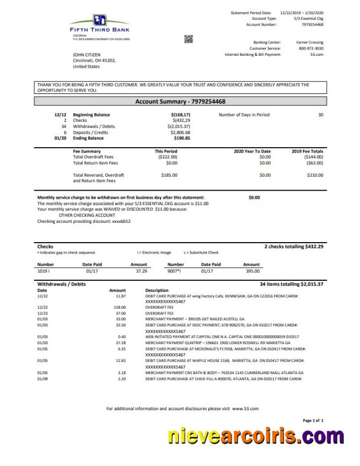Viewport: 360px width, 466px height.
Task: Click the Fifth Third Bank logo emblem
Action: pos(100,20)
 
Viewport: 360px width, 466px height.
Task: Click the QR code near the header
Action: pos(188,38)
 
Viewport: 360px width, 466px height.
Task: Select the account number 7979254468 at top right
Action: pos(312,25)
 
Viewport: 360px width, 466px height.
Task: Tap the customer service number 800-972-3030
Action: pos(311,48)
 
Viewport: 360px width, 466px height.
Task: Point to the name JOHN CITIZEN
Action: pos(86,55)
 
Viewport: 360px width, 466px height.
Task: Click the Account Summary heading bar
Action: pos(180,101)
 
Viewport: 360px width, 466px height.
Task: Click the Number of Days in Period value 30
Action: pos(320,115)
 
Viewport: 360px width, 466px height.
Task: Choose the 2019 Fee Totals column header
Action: pos(307,151)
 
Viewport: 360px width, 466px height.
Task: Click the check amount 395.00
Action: pos(252,272)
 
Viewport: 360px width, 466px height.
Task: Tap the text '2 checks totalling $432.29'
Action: pos(293,246)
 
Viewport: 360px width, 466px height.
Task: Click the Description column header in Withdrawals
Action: pos(157,290)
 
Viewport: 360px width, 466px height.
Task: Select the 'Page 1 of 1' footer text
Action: pos(313,420)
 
